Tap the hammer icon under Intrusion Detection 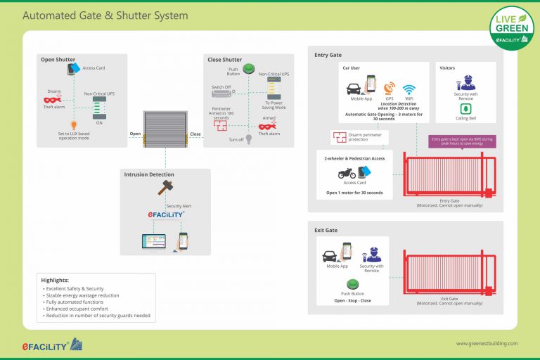tap(166, 188)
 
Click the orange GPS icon tap(389, 89)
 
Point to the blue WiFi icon tap(409, 89)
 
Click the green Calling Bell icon tap(464, 109)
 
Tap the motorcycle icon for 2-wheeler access tap(346, 173)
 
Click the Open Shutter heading tap(58, 60)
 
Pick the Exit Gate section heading tap(326, 230)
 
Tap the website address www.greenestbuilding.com tap(487, 344)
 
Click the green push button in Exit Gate tap(353, 284)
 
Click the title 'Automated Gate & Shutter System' tap(105, 15)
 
